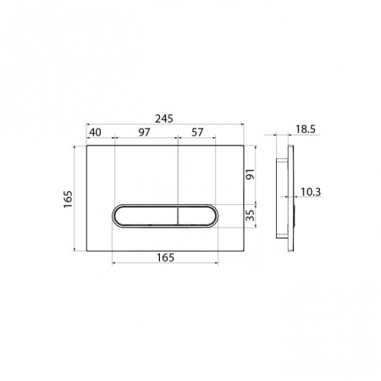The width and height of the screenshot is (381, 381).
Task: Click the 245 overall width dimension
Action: coord(164,119)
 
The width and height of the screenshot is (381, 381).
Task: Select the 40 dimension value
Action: coord(96,132)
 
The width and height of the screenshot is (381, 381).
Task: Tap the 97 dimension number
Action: coord(144,132)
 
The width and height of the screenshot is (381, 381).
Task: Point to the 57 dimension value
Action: coord(197,132)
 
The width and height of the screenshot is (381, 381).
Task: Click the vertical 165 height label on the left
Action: coord(68,199)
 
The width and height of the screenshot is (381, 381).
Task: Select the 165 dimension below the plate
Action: coord(165,257)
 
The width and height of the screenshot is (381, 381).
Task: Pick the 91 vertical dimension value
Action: coord(251,174)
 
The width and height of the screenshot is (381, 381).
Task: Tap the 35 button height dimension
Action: coord(251,215)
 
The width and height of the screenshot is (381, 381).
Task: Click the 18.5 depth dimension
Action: coord(306,130)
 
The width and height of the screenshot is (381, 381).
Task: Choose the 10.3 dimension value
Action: coord(311,192)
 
